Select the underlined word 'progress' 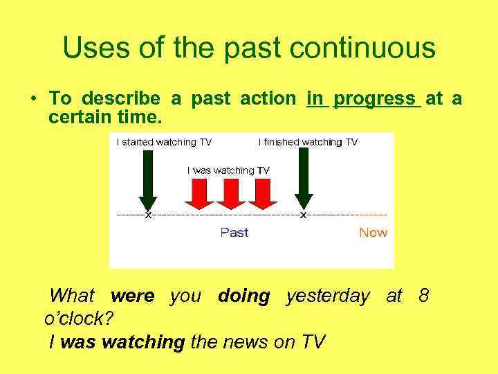point(377,99)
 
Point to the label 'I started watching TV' point(164,142)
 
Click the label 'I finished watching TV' point(308,142)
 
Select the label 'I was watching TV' point(228,170)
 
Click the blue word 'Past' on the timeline point(234,233)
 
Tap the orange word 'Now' point(373,233)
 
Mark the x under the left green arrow point(147,215)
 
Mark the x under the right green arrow point(303,215)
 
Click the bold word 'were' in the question point(132,296)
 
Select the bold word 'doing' point(243,296)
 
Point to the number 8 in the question point(423,296)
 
